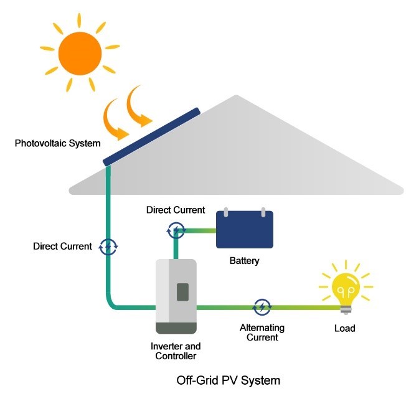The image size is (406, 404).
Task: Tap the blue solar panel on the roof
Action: click(x=152, y=137)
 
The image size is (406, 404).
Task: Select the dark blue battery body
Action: click(x=245, y=230)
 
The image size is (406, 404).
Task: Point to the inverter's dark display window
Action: click(x=182, y=291)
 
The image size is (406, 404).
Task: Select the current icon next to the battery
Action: click(x=176, y=230)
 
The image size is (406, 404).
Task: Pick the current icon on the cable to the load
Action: click(x=262, y=306)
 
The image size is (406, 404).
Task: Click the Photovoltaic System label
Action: click(x=57, y=144)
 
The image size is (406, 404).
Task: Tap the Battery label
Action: click(x=244, y=261)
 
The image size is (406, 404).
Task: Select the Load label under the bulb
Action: click(x=344, y=327)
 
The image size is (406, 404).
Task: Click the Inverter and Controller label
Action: click(x=176, y=351)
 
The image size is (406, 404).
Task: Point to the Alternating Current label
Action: click(x=262, y=332)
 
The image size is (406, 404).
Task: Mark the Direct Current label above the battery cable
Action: click(x=176, y=210)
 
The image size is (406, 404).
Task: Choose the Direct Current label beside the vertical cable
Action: click(x=62, y=247)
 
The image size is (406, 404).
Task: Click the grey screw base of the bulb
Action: click(x=346, y=309)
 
